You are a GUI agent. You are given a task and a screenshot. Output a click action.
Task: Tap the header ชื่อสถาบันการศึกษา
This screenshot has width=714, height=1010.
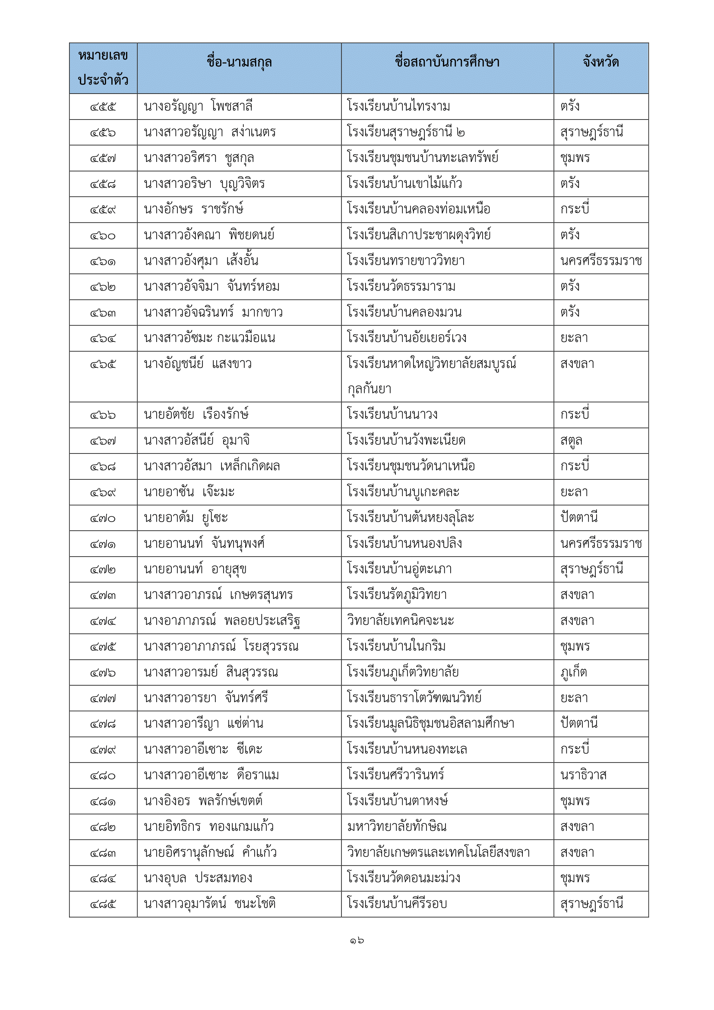click(x=447, y=62)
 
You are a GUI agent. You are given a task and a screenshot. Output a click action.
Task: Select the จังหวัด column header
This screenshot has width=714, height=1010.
click(x=600, y=62)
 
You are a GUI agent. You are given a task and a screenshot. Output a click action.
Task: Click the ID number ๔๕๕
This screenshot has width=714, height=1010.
click(x=103, y=107)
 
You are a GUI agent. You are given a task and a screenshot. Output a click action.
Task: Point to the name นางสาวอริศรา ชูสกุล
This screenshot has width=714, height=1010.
click(x=199, y=158)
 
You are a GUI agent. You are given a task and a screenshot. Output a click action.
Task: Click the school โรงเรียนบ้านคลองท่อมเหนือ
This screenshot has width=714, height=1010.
click(x=418, y=209)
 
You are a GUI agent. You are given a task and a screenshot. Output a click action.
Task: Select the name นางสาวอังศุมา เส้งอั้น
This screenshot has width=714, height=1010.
click(x=201, y=261)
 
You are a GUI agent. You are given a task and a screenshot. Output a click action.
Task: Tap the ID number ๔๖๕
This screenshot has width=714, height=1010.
click(x=103, y=365)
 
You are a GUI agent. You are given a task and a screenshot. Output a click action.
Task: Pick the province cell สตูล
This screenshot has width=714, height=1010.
click(x=571, y=440)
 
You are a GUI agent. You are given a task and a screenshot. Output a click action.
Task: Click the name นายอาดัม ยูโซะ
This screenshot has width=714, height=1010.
click(x=186, y=518)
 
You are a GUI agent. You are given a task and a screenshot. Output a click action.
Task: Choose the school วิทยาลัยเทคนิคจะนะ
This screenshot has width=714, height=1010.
click(x=400, y=621)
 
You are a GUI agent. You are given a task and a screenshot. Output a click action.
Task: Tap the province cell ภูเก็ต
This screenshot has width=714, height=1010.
click(x=573, y=672)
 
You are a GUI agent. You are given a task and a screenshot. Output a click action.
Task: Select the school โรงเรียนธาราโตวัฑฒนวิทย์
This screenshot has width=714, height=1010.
click(x=414, y=698)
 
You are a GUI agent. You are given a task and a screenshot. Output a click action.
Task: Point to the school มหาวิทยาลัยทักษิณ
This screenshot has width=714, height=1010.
click(x=397, y=826)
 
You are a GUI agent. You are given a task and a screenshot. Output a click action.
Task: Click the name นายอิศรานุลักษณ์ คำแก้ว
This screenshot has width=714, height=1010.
click(x=210, y=852)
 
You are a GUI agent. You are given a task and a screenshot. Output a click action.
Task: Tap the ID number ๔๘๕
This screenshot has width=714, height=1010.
click(x=103, y=904)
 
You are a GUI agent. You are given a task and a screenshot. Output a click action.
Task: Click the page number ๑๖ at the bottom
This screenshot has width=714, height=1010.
click(x=357, y=940)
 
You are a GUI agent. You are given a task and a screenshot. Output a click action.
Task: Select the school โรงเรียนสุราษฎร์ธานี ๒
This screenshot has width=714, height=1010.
click(x=405, y=133)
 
